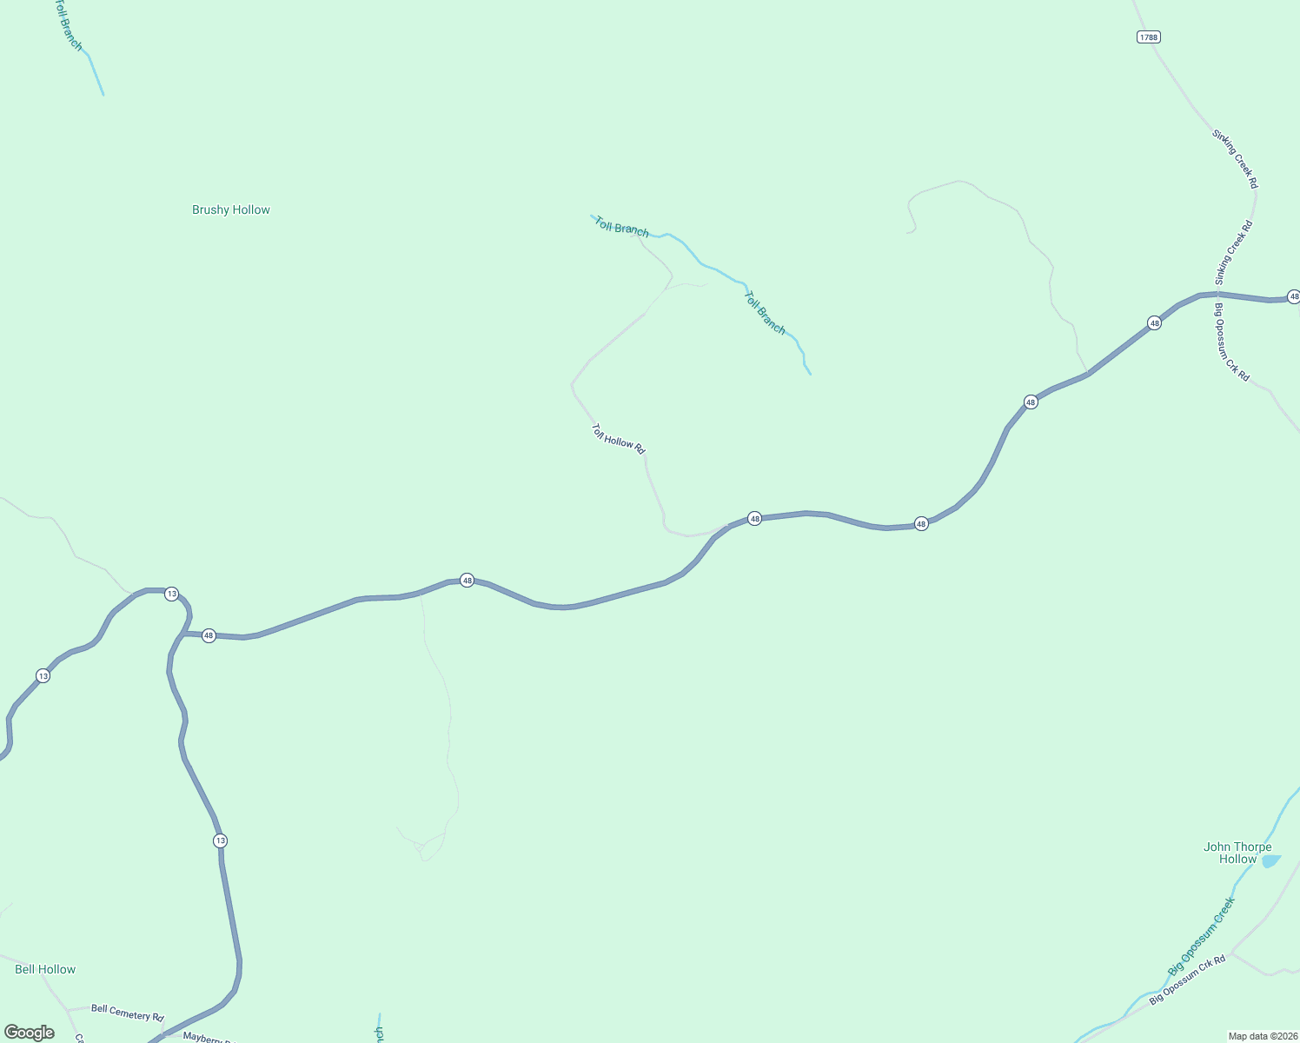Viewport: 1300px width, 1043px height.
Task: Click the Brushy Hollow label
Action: click(231, 209)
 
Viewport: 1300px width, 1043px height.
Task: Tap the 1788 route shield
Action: click(1149, 37)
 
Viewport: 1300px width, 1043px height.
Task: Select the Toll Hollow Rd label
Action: click(619, 439)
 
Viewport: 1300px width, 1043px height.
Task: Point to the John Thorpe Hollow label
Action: click(1237, 853)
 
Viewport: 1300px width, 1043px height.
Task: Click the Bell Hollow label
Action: click(45, 969)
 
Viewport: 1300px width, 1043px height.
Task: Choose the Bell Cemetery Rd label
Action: click(127, 1013)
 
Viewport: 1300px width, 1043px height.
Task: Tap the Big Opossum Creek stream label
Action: click(1201, 936)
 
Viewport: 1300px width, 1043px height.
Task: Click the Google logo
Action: click(30, 1033)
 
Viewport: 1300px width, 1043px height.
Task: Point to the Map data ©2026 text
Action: click(1263, 1036)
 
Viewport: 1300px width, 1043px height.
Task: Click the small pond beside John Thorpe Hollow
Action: click(1271, 860)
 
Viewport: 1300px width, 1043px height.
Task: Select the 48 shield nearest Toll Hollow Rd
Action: click(754, 518)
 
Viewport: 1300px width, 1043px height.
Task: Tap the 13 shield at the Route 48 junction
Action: click(172, 594)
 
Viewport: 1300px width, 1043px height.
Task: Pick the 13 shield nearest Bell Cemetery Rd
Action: click(220, 840)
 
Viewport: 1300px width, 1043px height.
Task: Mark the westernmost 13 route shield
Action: click(43, 675)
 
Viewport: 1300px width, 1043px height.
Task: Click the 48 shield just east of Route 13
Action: click(209, 635)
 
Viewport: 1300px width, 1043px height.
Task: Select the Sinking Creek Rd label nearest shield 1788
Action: click(1235, 159)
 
